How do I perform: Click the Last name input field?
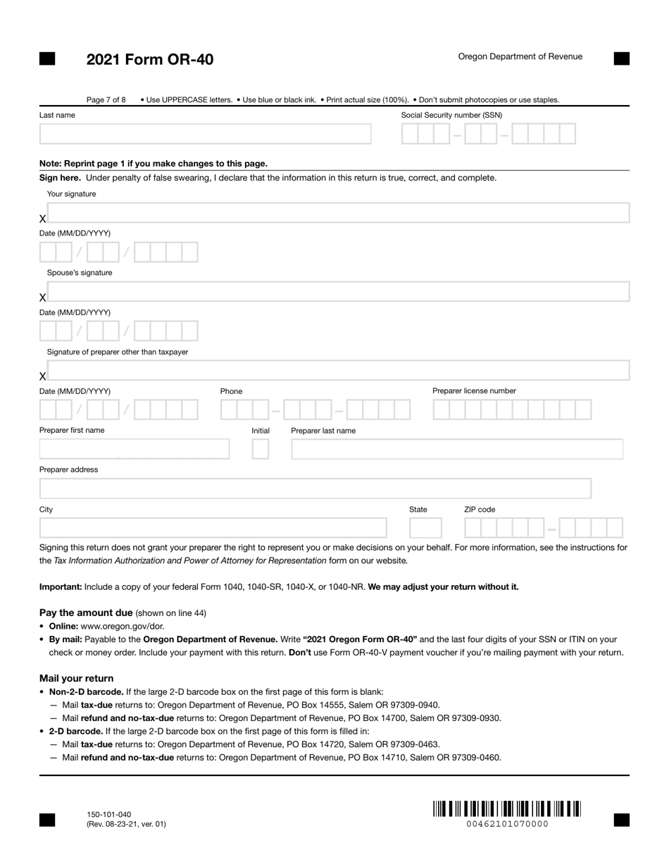(x=205, y=134)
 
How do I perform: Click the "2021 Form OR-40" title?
(x=150, y=60)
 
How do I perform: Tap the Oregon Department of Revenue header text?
(x=520, y=56)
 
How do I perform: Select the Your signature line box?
(x=338, y=213)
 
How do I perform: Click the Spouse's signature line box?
(x=338, y=292)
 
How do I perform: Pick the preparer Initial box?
(x=261, y=449)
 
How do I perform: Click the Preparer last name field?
(x=457, y=449)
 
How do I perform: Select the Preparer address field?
(x=315, y=488)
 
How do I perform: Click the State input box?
(x=425, y=528)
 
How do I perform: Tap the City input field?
(x=213, y=528)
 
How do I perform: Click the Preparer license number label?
(x=474, y=391)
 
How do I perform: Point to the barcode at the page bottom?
(x=506, y=808)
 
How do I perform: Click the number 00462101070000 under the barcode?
(x=507, y=824)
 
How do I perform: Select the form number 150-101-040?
(x=108, y=815)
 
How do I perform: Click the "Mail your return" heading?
(x=76, y=678)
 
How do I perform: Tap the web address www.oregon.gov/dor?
(x=123, y=626)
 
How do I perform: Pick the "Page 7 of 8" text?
(x=106, y=100)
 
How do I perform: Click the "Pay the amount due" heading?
(x=86, y=613)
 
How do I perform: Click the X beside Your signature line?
(x=43, y=219)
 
